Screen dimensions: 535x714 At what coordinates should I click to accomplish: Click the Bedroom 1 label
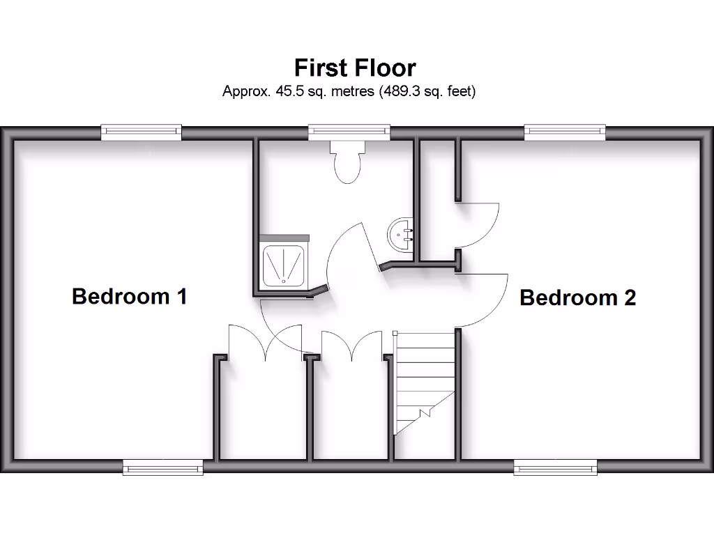pyautogui.click(x=129, y=296)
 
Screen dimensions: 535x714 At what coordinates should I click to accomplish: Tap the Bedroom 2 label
pyautogui.click(x=577, y=298)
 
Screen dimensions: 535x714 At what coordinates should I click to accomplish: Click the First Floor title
pyautogui.click(x=355, y=68)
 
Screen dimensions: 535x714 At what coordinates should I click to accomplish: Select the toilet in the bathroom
pyautogui.click(x=347, y=161)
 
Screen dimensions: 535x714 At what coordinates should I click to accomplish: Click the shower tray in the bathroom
pyautogui.click(x=284, y=264)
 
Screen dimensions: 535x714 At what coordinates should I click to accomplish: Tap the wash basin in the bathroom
pyautogui.click(x=402, y=235)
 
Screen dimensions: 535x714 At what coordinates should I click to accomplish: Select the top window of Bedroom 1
pyautogui.click(x=141, y=132)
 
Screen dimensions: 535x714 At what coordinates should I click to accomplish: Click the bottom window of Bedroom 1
pyautogui.click(x=163, y=467)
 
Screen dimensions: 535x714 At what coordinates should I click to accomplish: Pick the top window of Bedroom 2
pyautogui.click(x=565, y=132)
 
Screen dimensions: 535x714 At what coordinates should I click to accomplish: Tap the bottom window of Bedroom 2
pyautogui.click(x=555, y=467)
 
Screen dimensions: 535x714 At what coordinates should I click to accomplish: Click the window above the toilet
pyautogui.click(x=349, y=132)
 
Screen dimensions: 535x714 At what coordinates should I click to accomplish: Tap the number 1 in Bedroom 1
pyautogui.click(x=181, y=296)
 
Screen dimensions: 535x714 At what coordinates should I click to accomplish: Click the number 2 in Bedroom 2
pyautogui.click(x=628, y=298)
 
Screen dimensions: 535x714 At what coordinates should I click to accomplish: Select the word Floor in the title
pyautogui.click(x=386, y=68)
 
